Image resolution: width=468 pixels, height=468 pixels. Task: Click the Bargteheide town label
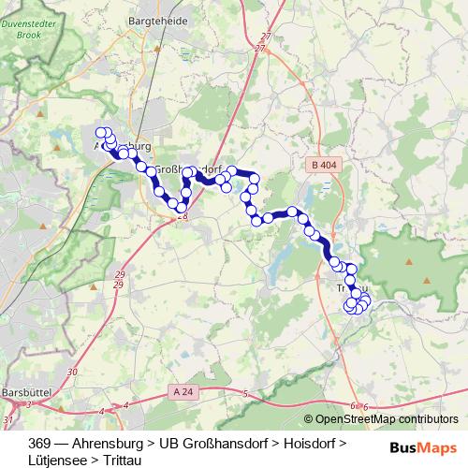(162, 20)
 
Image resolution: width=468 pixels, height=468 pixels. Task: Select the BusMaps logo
(424, 447)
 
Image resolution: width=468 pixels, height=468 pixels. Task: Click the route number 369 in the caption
(40, 443)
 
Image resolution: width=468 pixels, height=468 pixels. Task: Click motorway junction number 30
(73, 372)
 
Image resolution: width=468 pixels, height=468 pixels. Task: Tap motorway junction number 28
(183, 216)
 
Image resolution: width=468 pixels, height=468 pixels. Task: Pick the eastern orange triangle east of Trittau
(427, 280)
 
